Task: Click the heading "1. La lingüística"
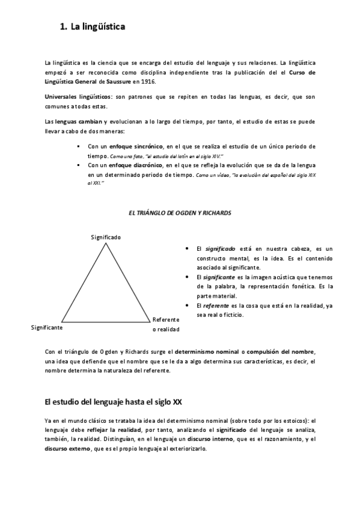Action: (x=93, y=27)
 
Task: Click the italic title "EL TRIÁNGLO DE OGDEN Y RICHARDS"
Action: (x=180, y=213)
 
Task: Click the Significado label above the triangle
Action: (x=106, y=237)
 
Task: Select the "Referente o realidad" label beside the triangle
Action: (x=166, y=324)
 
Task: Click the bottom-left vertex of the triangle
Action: (x=61, y=321)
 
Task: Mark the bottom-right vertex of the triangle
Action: (x=150, y=321)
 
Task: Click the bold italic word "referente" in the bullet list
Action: (x=218, y=306)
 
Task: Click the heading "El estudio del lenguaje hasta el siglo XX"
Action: (x=114, y=402)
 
